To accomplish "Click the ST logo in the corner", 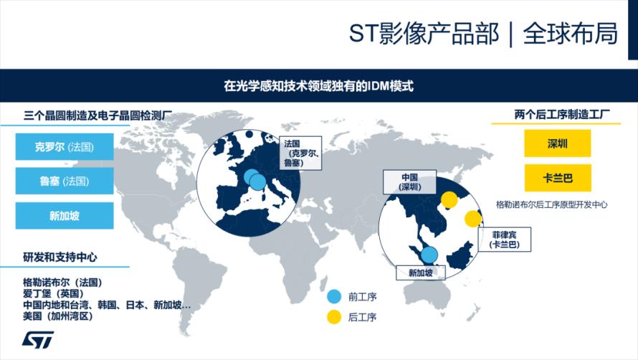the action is click(38, 340).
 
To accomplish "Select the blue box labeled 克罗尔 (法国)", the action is click(65, 146).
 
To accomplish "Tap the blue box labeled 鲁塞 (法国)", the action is click(65, 181).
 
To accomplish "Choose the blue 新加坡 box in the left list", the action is click(65, 215).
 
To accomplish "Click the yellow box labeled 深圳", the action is click(558, 143).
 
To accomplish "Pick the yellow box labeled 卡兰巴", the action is click(558, 178).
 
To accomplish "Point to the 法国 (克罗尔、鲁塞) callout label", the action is click(300, 153).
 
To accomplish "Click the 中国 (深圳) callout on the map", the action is click(410, 182).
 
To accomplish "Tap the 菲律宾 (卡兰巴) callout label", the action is click(504, 240).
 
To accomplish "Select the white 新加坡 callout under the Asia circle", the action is click(421, 273).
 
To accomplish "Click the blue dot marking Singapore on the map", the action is click(429, 255).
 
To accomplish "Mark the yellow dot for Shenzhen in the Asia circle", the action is click(449, 199).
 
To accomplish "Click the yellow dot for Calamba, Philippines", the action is click(473, 219).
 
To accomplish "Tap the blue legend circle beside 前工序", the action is click(334, 296).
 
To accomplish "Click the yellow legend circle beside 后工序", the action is click(334, 317).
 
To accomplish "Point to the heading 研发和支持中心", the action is click(60, 257).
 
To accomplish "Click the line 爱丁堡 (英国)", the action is click(53, 293).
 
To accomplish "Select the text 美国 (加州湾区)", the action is click(58, 316).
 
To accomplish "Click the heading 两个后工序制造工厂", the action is click(562, 115).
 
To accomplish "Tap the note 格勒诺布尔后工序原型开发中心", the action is click(552, 204).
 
